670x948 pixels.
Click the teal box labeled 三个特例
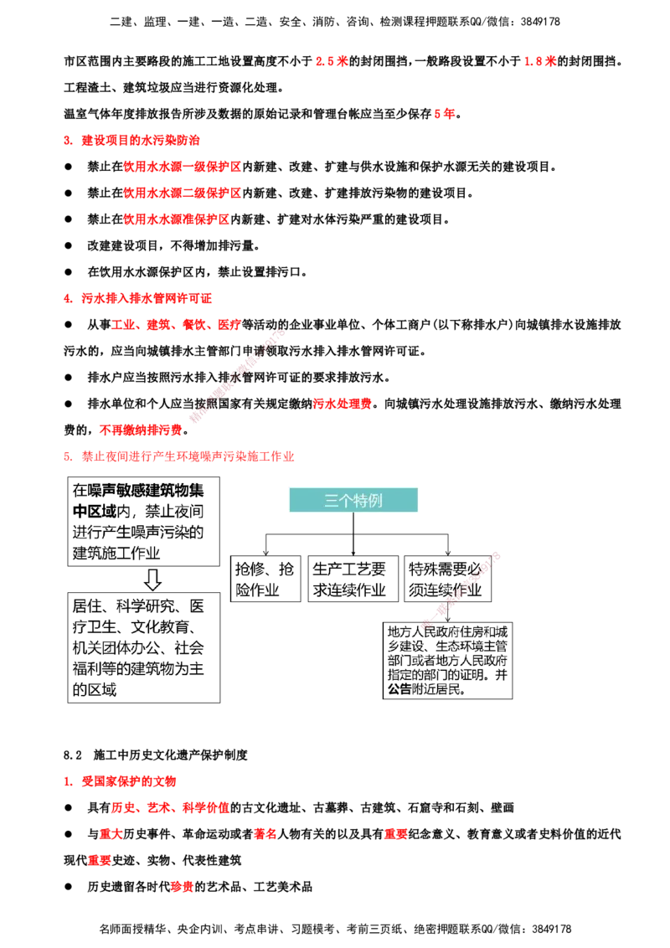353,500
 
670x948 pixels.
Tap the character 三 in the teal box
332,501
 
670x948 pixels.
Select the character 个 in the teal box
346,501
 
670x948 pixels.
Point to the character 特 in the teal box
361,501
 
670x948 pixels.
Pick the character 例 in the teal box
375,501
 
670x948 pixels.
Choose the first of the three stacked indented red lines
181,167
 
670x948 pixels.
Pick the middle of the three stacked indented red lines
181,193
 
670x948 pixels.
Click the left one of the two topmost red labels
331,61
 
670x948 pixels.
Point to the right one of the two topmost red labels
539,61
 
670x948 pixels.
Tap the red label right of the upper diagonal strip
343,404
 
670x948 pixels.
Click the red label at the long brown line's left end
140,430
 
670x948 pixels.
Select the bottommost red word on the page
181,887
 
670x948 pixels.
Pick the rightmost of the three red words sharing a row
394,834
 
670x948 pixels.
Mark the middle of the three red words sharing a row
265,834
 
